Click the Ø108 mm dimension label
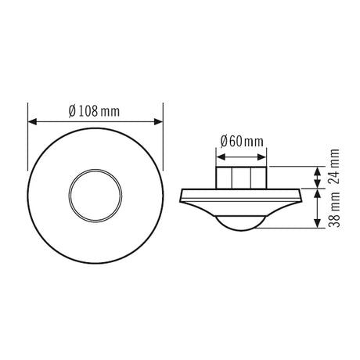(94, 111)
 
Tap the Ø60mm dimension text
(242, 142)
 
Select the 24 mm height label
(333, 167)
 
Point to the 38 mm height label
(333, 210)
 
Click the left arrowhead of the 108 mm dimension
(32, 121)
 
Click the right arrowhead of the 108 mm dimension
(158, 121)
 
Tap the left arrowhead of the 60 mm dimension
(221, 157)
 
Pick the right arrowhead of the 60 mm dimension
(261, 157)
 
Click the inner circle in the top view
(95, 169)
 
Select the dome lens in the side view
(241, 230)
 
